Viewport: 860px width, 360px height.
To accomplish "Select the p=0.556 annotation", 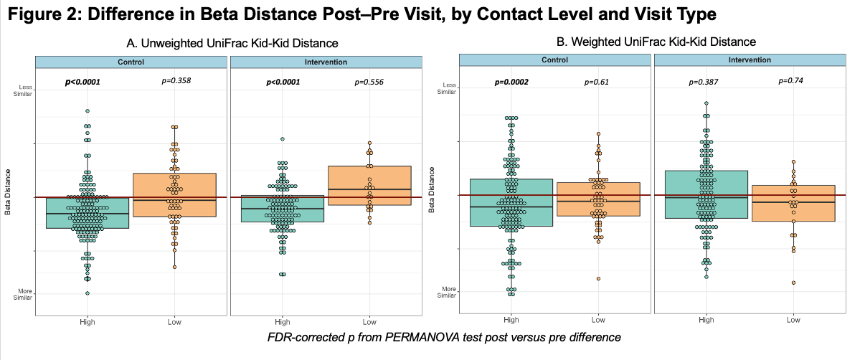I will (x=369, y=82).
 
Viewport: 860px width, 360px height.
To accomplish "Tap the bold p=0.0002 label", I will (x=511, y=82).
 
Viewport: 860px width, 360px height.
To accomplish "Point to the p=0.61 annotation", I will (x=598, y=82).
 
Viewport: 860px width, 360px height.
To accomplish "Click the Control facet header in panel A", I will (x=131, y=62).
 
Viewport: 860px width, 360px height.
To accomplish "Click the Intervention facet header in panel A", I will (x=326, y=62).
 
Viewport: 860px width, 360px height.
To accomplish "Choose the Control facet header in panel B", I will (x=554, y=60).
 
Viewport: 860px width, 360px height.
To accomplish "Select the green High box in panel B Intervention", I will (x=707, y=194).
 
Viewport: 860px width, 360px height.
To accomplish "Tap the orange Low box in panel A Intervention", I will (x=369, y=185).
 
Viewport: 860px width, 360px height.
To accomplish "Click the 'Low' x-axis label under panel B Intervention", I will (x=793, y=320).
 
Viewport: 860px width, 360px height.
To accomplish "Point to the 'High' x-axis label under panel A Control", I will (x=88, y=322).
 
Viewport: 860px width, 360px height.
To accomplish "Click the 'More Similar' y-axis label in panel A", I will (x=25, y=294).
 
